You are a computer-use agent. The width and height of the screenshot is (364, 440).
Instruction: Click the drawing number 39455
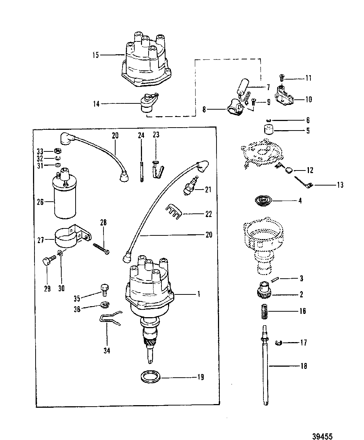pyautogui.click(x=322, y=430)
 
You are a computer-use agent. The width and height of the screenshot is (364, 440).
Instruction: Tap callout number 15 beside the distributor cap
pyautogui.click(x=95, y=55)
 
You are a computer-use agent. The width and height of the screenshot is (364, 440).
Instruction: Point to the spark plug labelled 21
pyautogui.click(x=191, y=186)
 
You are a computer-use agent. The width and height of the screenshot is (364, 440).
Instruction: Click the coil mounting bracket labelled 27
pyautogui.click(x=73, y=236)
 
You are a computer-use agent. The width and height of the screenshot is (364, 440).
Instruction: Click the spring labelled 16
pyautogui.click(x=264, y=311)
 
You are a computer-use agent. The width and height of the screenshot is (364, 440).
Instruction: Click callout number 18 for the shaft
pyautogui.click(x=304, y=366)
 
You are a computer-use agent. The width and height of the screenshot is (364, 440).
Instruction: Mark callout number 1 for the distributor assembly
pyautogui.click(x=199, y=294)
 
